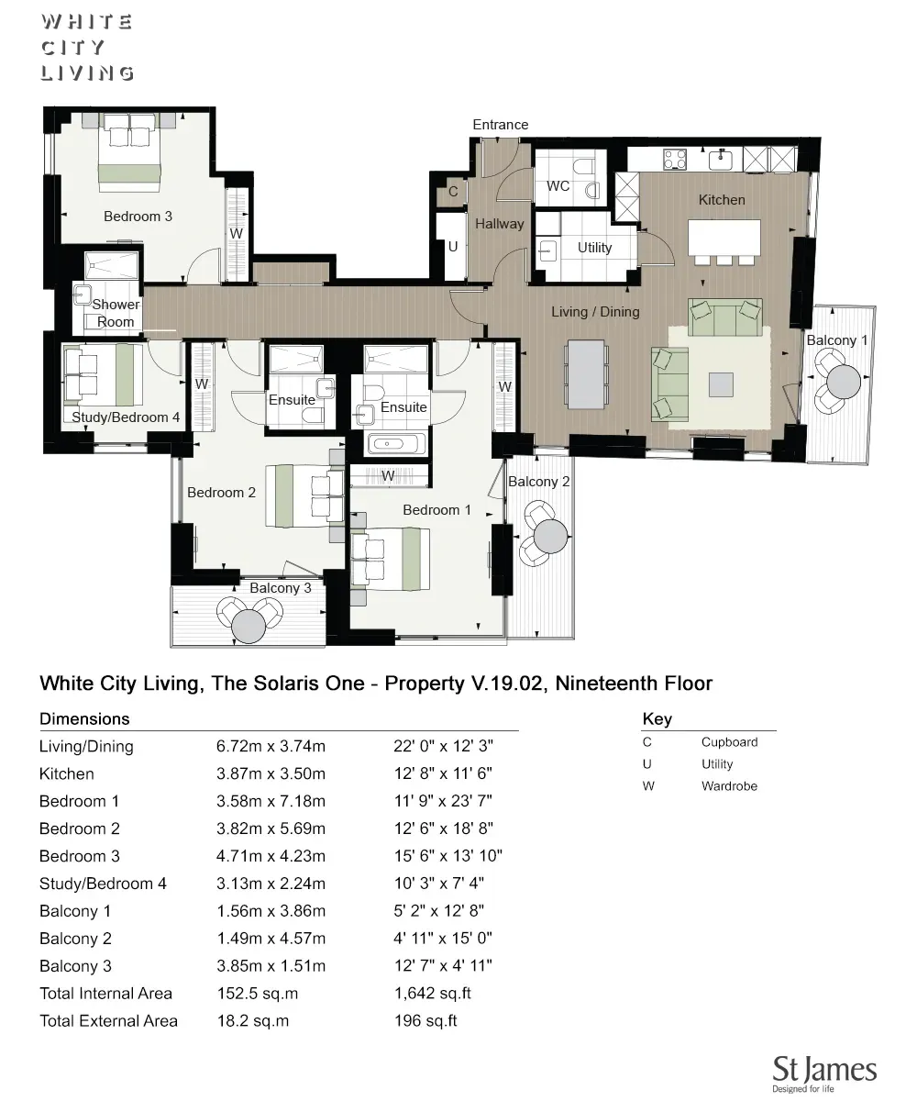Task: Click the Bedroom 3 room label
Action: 138,217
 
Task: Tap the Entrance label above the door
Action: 500,125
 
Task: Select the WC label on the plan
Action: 558,186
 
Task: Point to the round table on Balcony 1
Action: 844,378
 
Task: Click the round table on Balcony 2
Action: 551,536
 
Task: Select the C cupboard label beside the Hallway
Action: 453,193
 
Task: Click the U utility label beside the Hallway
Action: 453,247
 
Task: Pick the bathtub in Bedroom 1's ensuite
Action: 395,444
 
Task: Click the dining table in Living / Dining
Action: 587,374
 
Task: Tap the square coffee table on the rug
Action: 722,384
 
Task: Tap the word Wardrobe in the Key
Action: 729,786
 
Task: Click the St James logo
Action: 823,1073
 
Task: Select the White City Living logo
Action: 87,48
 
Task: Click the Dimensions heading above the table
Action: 84,719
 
